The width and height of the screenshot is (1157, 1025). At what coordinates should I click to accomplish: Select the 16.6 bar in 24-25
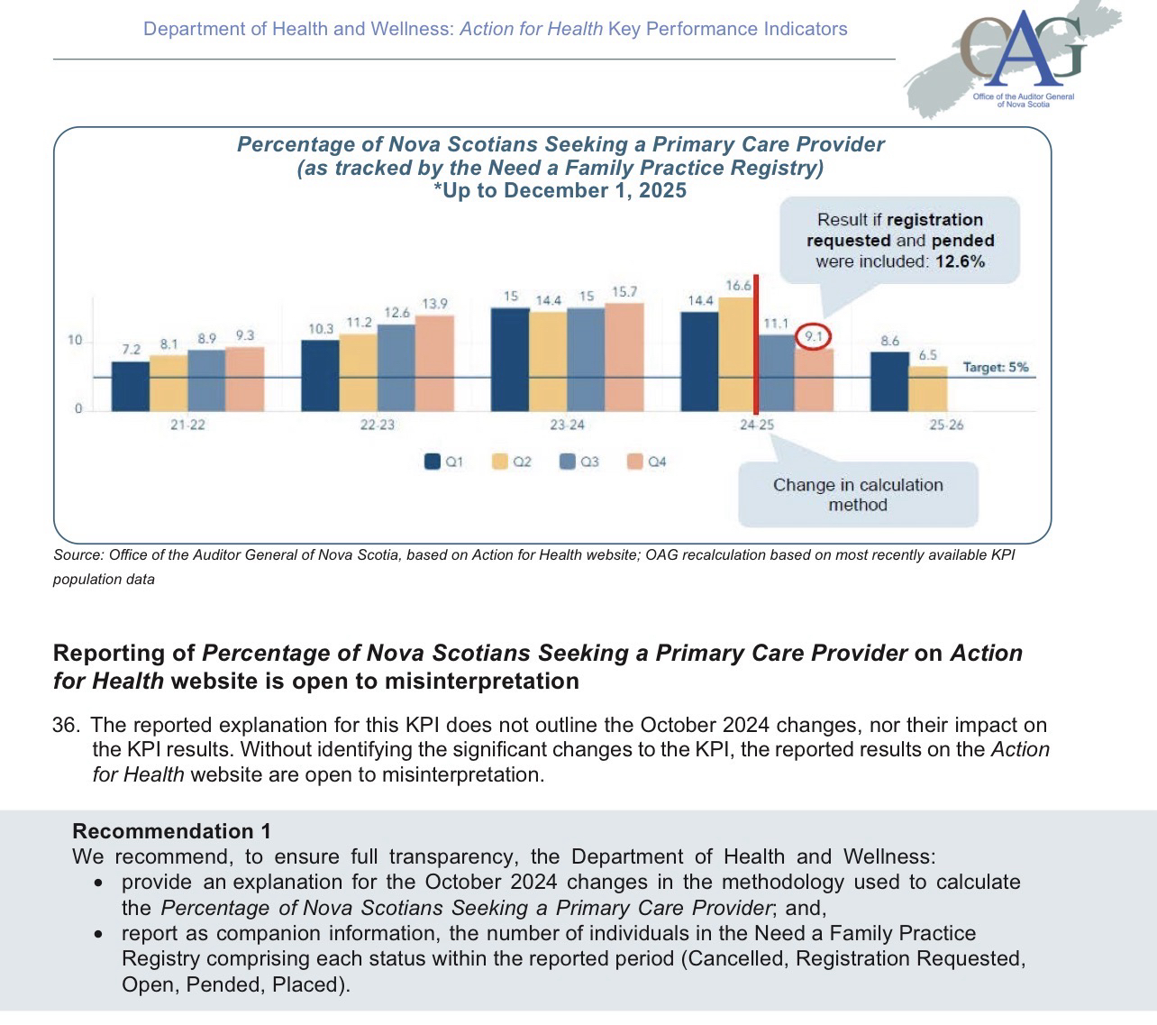[736, 353]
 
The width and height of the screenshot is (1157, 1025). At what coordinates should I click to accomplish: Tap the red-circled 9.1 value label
[814, 337]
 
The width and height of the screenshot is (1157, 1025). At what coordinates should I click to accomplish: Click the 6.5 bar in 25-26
[927, 389]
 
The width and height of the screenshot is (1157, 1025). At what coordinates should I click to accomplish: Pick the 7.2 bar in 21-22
[131, 387]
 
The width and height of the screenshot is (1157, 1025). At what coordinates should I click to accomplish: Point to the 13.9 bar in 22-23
[434, 363]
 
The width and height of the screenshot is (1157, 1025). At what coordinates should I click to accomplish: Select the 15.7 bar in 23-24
[624, 357]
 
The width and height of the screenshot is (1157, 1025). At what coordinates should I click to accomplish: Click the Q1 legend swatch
[433, 462]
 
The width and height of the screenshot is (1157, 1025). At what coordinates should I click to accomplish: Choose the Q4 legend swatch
[635, 462]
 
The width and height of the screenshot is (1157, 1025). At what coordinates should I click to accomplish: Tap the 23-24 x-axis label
[567, 425]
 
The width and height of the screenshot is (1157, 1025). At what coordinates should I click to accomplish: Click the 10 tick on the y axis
[75, 341]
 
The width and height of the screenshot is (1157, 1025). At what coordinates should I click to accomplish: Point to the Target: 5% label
[995, 368]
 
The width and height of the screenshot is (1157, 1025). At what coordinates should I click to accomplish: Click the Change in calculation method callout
[857, 495]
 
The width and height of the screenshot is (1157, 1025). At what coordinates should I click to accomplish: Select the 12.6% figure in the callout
[959, 261]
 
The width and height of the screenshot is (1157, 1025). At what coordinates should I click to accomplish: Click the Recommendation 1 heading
[171, 831]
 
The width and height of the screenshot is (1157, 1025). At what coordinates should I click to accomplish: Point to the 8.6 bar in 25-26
[889, 381]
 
